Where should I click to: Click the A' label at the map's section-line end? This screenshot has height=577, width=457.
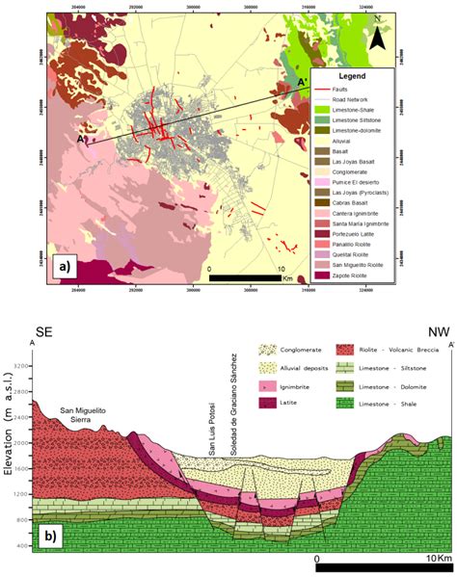pyautogui.click(x=303, y=83)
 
